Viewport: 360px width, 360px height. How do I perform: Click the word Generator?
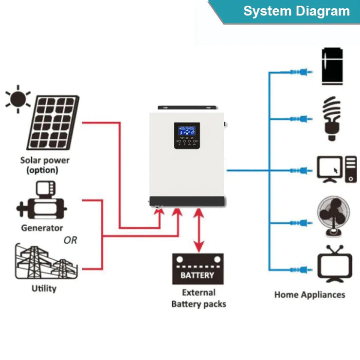click(x=42, y=228)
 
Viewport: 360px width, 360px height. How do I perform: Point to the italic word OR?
click(x=71, y=240)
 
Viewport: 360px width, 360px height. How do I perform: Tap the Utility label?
click(x=44, y=288)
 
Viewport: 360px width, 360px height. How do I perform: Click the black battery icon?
click(x=198, y=269)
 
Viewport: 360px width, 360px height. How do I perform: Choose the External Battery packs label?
click(x=198, y=298)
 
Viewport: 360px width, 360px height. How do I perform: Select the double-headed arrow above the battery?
click(x=198, y=231)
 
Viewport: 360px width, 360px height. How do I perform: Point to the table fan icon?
click(x=334, y=216)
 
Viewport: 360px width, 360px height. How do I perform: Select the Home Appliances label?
click(x=309, y=295)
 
